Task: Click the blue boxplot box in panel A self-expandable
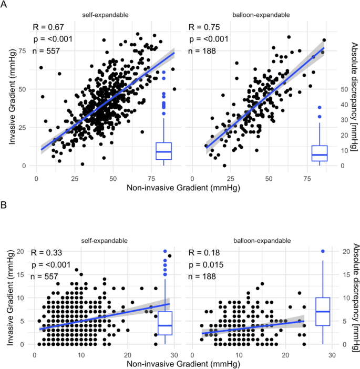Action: (164, 151)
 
